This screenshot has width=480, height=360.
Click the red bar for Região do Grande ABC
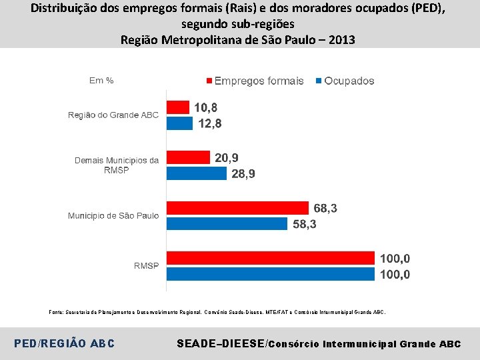[178, 107]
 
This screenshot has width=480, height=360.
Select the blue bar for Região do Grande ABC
[180, 123]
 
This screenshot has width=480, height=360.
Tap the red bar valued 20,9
[188, 157]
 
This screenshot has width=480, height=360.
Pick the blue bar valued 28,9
[197, 173]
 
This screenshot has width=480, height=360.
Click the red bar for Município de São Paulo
[237, 208]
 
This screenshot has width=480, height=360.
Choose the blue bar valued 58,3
[227, 224]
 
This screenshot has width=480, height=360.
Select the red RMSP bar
[271, 258]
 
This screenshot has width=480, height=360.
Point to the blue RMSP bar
[271, 274]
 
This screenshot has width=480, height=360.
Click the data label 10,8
[206, 108]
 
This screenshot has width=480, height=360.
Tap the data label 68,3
[325, 208]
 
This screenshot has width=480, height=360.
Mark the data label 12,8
[210, 124]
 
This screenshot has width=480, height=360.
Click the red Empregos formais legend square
[209, 81]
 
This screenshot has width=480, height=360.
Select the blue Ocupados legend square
[319, 81]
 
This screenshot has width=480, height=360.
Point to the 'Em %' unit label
[101, 81]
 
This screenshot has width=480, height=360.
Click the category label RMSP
[146, 266]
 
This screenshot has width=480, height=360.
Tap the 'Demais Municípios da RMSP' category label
[117, 165]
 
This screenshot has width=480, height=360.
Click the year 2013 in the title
[341, 40]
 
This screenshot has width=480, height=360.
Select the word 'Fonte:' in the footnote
[56, 312]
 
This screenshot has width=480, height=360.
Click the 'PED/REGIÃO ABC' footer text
[64, 343]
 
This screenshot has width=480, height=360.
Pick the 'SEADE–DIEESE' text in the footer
[221, 343]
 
